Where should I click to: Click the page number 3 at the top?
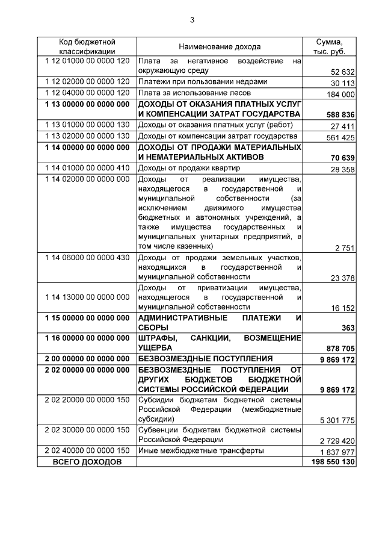click(x=192, y=20)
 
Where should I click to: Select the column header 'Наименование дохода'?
click(x=220, y=46)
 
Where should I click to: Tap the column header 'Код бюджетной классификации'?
click(x=87, y=46)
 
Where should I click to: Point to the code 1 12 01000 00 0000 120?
click(x=87, y=61)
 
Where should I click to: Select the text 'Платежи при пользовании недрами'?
click(x=199, y=82)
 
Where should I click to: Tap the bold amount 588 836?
click(x=339, y=114)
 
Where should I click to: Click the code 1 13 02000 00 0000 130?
click(x=87, y=136)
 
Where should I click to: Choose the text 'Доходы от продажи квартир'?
click(x=189, y=167)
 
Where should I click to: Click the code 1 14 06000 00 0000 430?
click(x=87, y=258)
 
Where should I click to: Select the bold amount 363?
click(x=348, y=328)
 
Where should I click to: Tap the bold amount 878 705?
click(x=339, y=348)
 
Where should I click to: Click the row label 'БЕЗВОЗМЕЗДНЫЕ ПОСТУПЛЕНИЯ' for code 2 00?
click(x=205, y=358)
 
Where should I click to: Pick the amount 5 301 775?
click(x=337, y=420)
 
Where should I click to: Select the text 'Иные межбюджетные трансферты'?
click(x=200, y=450)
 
